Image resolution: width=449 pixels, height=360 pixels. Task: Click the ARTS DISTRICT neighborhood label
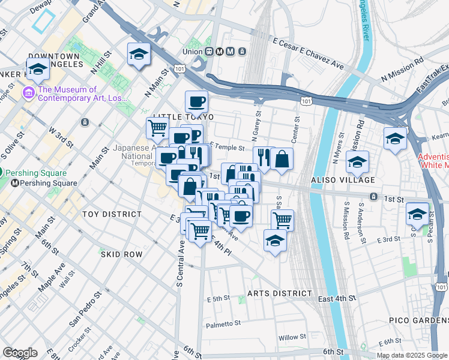(280, 293)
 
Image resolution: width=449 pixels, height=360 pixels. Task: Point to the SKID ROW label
(121, 254)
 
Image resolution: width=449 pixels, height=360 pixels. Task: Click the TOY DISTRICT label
(112, 214)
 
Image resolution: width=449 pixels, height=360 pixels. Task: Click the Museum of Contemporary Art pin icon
(28, 92)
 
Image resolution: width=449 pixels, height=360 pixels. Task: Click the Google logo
(19, 353)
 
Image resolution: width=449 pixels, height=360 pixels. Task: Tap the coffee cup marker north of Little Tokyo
(196, 101)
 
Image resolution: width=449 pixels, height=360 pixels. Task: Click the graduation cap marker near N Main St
(138, 54)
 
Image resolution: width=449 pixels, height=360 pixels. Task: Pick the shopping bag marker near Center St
(281, 159)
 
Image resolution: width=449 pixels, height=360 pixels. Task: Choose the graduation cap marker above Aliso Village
(357, 161)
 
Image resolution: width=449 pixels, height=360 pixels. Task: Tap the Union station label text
(192, 52)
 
